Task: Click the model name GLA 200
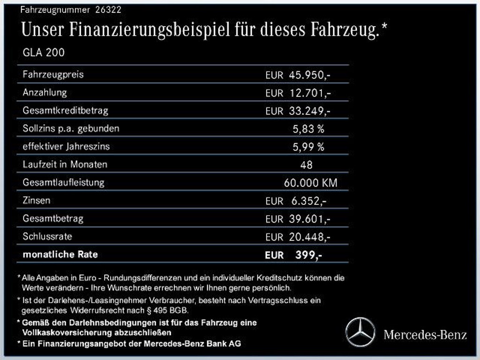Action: pos(44,52)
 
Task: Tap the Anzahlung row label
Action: pos(45,92)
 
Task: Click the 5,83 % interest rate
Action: pos(308,129)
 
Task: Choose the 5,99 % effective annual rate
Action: pos(308,147)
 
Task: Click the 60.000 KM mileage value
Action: pos(310,183)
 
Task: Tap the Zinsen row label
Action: pos(36,200)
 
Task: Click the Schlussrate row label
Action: pos(47,236)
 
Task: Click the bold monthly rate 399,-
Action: pos(308,255)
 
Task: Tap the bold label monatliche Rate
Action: pos(60,255)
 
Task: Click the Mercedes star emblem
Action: pos(360,332)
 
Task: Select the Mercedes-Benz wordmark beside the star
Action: pos(425,335)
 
